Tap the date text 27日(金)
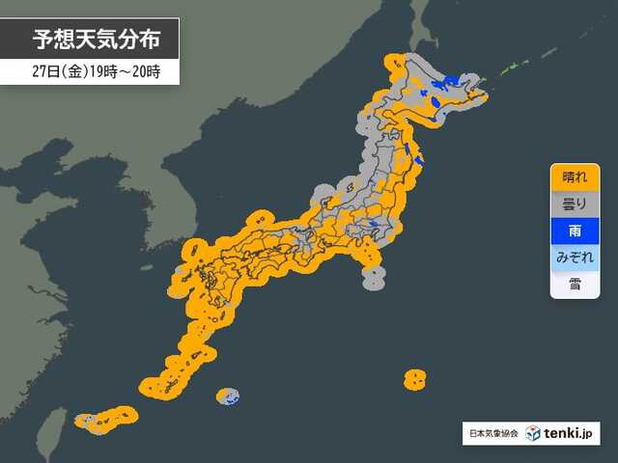(x=53, y=70)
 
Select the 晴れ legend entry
(x=574, y=177)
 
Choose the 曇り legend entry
(x=574, y=204)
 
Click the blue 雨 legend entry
(x=574, y=231)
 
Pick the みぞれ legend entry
(x=574, y=259)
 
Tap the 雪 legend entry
(x=574, y=286)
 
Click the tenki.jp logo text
(x=572, y=433)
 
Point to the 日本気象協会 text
(x=494, y=434)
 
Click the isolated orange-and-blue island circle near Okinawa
(x=228, y=395)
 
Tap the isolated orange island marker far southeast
(x=414, y=378)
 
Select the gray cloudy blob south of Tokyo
(x=373, y=278)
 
